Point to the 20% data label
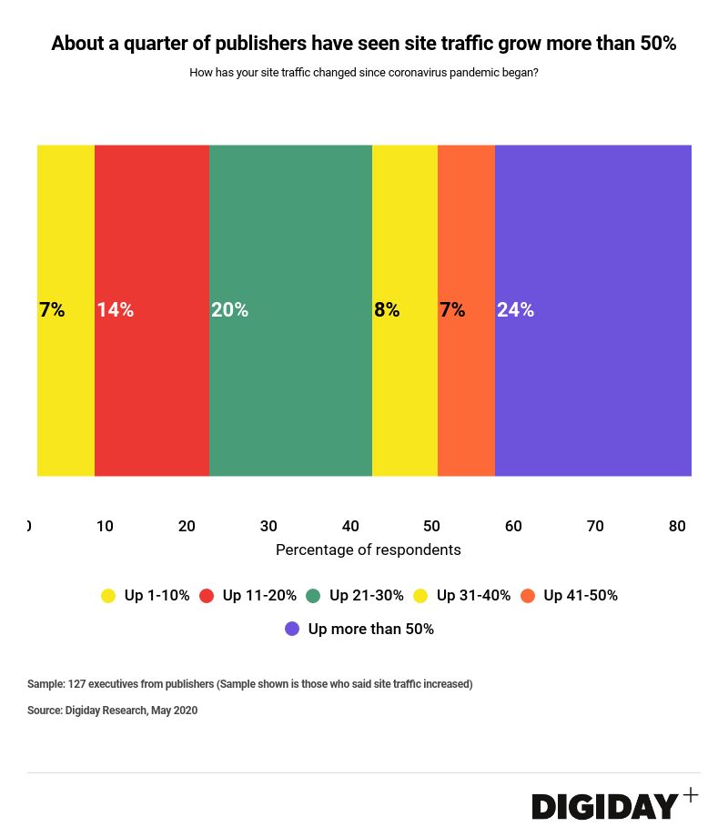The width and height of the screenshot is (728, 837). click(x=229, y=310)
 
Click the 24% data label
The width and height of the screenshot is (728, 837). click(x=515, y=310)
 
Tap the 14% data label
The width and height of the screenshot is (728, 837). click(x=116, y=310)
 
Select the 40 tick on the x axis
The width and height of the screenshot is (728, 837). click(x=350, y=526)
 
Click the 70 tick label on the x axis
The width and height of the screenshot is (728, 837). click(x=595, y=526)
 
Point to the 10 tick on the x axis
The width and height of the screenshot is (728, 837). click(x=105, y=526)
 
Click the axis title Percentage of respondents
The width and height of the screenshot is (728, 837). click(x=368, y=550)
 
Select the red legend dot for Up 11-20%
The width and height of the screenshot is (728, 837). click(x=207, y=596)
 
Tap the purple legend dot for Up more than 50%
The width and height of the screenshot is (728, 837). click(x=292, y=629)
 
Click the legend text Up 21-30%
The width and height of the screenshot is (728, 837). click(x=366, y=596)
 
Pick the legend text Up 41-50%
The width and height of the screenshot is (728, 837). click(x=581, y=596)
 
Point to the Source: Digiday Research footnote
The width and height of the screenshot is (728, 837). click(x=112, y=711)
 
